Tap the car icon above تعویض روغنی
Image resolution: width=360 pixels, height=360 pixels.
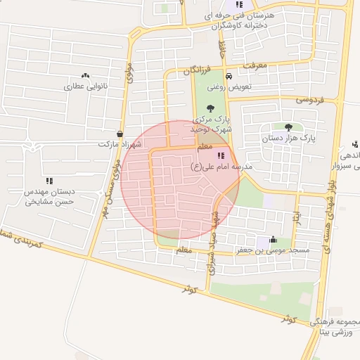229,77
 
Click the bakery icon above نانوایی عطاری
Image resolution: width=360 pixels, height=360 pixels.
85,75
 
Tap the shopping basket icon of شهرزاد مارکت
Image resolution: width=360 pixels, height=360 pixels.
120,134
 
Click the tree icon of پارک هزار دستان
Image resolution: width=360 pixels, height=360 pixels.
289,127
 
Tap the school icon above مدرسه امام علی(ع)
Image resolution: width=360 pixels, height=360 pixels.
221,155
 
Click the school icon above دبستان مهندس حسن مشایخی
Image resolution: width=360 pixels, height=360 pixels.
49,181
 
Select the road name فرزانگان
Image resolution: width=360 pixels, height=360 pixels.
197,70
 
